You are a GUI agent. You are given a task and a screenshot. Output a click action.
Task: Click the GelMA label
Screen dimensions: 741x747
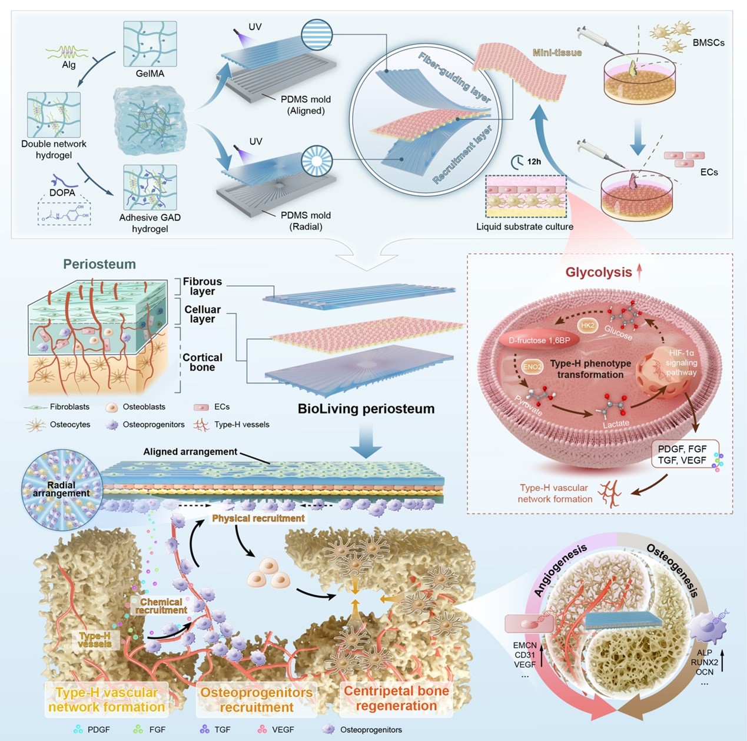(150, 74)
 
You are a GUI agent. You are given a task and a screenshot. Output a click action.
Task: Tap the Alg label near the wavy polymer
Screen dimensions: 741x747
(69, 65)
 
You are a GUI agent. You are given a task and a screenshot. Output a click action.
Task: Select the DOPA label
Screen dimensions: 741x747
(62, 192)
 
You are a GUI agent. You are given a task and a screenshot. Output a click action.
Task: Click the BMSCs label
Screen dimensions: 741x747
(708, 43)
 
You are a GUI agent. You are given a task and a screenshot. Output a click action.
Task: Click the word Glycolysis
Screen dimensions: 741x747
(599, 272)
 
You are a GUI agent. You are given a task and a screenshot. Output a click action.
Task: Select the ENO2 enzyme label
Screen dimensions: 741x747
(532, 366)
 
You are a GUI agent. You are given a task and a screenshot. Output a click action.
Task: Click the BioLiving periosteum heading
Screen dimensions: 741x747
(366, 409)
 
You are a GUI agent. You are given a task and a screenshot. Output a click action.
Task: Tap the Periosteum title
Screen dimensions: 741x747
(99, 264)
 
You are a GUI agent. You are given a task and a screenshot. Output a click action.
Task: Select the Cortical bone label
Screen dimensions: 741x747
(202, 362)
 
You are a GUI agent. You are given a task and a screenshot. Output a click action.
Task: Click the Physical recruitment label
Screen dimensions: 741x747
(258, 518)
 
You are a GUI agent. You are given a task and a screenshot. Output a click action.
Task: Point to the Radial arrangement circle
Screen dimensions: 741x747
(61, 489)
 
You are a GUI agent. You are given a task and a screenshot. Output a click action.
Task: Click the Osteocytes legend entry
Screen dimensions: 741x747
(70, 424)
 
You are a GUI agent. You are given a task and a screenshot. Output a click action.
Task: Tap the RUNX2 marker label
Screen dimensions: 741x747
(704, 662)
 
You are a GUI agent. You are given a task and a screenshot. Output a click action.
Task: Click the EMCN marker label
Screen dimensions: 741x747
(524, 645)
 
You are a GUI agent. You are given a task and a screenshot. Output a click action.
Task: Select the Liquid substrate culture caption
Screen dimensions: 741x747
(524, 226)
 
